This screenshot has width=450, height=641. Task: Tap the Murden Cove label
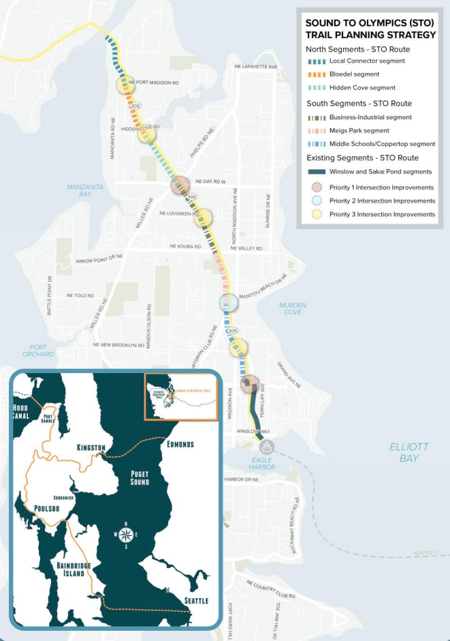point(293,308)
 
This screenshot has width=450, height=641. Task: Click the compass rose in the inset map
point(125,534)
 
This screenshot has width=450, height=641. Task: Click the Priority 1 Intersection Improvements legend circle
point(316,188)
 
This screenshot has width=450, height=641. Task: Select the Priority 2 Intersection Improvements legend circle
point(316,201)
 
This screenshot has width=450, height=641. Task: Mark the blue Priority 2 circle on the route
point(229,302)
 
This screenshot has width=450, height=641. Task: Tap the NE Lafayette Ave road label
point(255,67)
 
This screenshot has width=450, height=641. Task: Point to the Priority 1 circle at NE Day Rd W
point(180,185)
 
